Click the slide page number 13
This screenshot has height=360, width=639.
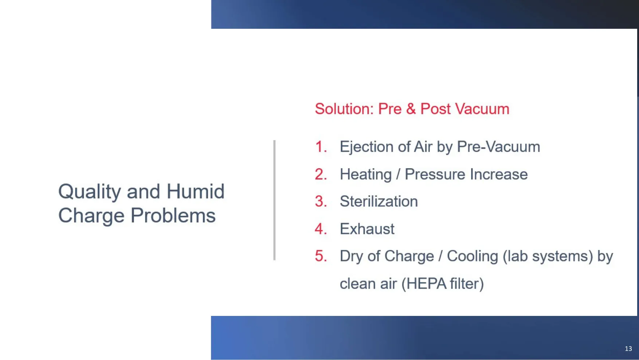click(x=628, y=349)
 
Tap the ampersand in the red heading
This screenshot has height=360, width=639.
click(x=411, y=109)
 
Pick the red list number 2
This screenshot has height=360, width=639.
click(x=321, y=174)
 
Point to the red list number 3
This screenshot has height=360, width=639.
click(x=321, y=201)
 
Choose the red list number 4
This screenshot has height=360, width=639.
click(x=321, y=229)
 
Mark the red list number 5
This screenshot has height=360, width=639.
click(x=321, y=256)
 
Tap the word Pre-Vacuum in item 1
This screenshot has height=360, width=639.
click(x=498, y=147)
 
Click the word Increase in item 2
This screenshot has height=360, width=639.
click(x=499, y=174)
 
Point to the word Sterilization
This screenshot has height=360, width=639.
click(x=379, y=201)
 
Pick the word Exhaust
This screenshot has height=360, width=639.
click(x=367, y=229)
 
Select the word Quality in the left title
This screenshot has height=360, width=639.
click(x=90, y=192)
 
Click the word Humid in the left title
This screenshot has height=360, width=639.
click(x=195, y=191)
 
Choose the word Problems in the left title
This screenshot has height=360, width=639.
click(x=173, y=215)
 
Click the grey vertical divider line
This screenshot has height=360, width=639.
click(x=274, y=200)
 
